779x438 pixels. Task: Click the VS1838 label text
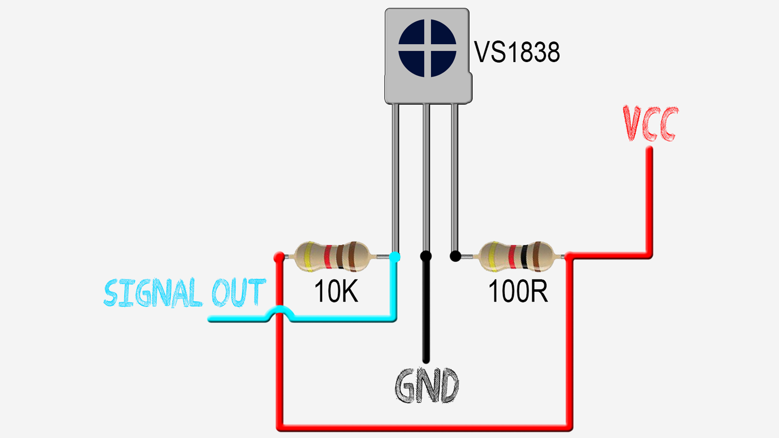pyautogui.click(x=517, y=52)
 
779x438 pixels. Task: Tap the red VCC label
pyautogui.click(x=650, y=123)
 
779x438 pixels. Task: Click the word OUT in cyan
pyautogui.click(x=238, y=292)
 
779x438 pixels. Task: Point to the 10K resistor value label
pyautogui.click(x=336, y=291)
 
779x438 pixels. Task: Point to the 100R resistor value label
pyautogui.click(x=518, y=291)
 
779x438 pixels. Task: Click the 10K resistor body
pyautogui.click(x=332, y=256)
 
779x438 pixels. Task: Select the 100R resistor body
pyautogui.click(x=515, y=256)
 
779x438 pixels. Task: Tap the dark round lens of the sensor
pyautogui.click(x=427, y=48)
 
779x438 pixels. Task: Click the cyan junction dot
pyautogui.click(x=395, y=257)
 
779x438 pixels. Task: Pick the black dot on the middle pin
pyautogui.click(x=426, y=256)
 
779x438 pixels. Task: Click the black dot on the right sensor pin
pyautogui.click(x=455, y=256)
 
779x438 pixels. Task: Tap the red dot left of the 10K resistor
pyautogui.click(x=279, y=257)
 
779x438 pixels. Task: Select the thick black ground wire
pyautogui.click(x=426, y=312)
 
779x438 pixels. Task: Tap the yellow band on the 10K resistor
pyautogui.click(x=308, y=256)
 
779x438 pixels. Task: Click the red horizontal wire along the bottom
pyautogui.click(x=426, y=427)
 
